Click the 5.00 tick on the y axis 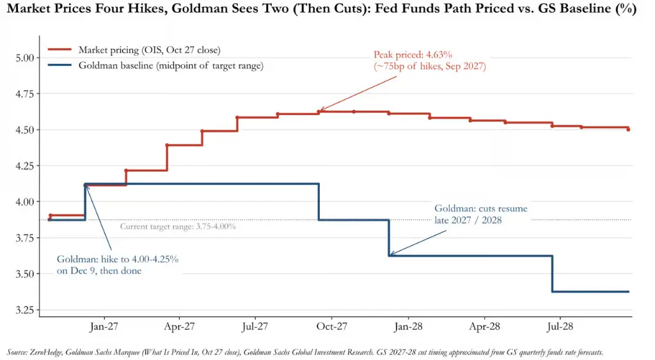pos(24,58)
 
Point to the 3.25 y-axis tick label pos(24,310)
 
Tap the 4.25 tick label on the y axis pos(24,166)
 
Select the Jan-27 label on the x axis pos(104,326)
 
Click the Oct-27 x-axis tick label pos(332,326)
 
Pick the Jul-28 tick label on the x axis pos(560,326)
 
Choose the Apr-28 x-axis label pos(484,326)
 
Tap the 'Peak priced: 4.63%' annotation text pos(413,55)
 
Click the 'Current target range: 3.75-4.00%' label pos(178,226)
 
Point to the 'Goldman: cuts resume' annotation pos(481,208)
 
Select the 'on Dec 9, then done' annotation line pos(99,270)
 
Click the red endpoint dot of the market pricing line pos(628,129)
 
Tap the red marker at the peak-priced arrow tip pos(319,111)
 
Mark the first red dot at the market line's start pos(50,216)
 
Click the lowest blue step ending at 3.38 pos(590,292)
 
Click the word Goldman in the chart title pos(199,8)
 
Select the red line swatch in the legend pos(59,50)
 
